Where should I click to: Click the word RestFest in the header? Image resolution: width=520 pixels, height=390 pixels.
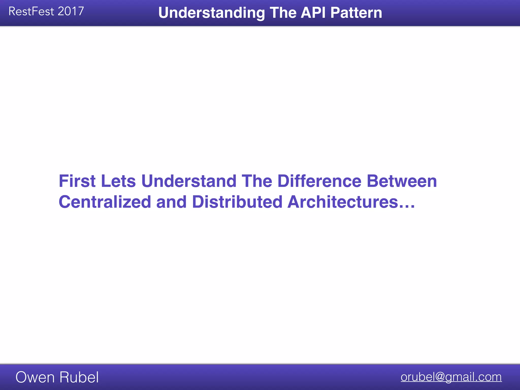[31, 12]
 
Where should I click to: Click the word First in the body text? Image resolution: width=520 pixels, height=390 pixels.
[77, 181]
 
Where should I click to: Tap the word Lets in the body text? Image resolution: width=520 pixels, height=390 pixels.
[118, 181]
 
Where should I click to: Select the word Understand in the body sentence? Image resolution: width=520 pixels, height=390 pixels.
[189, 181]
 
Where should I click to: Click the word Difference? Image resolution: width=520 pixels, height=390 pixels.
[319, 181]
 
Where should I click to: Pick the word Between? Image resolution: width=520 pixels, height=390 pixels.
[402, 181]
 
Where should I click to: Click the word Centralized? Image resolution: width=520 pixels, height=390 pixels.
[105, 202]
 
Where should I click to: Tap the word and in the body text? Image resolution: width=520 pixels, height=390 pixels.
[171, 202]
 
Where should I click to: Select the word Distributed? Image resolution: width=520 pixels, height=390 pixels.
[237, 202]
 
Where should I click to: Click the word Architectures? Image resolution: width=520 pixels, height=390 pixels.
[343, 202]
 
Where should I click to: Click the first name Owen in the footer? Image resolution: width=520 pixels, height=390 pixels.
[35, 377]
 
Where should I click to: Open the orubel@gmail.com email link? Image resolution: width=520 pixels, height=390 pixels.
[451, 377]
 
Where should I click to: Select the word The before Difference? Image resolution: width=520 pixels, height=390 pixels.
[257, 181]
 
